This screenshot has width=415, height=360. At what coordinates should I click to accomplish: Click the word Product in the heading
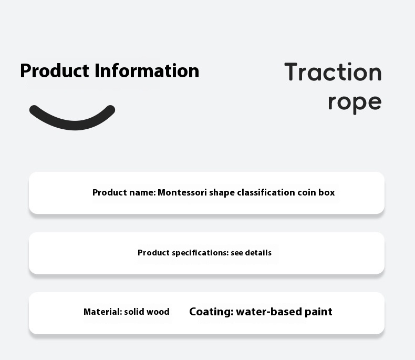pos(55,71)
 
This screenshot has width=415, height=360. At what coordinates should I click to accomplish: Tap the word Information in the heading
pos(147,70)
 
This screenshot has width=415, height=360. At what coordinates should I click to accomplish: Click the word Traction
pos(333,72)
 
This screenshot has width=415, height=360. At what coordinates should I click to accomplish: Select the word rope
pos(355,102)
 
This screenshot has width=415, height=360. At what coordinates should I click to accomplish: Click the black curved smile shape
pos(72,125)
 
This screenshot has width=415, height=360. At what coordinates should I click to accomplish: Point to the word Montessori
pos(182,192)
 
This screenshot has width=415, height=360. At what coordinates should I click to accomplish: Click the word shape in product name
pos(222,193)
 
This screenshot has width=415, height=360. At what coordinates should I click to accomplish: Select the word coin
pos(306,192)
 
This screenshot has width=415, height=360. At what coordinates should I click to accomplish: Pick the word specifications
pos(200,253)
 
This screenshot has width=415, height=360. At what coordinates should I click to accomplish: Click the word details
pos(258,253)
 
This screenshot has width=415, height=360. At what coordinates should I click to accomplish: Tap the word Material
pos(102,312)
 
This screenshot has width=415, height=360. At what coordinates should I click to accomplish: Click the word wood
pos(158,312)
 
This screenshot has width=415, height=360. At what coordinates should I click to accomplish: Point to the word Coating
pos(211,312)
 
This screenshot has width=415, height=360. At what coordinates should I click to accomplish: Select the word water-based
pos(269,312)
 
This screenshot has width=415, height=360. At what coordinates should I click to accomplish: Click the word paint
pos(318,312)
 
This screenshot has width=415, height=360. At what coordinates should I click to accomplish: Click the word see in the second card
pos(237,253)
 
